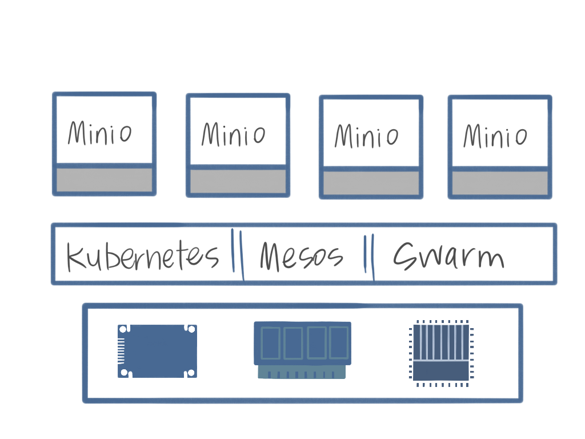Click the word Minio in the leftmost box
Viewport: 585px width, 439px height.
click(x=100, y=133)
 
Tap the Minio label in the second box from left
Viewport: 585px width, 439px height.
click(x=234, y=134)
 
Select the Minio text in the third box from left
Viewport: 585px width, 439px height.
click(x=367, y=136)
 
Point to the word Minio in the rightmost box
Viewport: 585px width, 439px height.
click(x=495, y=137)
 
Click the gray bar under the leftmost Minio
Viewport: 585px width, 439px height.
click(x=104, y=179)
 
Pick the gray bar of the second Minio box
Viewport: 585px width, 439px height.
click(x=238, y=182)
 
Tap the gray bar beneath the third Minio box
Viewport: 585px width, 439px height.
click(x=371, y=183)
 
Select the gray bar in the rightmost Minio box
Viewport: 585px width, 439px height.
click(x=500, y=183)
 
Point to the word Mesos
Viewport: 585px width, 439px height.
click(x=302, y=256)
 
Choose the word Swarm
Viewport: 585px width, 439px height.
click(x=449, y=256)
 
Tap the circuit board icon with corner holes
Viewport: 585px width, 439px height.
click(x=157, y=351)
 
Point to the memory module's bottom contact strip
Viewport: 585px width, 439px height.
click(x=302, y=372)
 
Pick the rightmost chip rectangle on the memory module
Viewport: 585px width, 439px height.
click(x=338, y=342)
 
